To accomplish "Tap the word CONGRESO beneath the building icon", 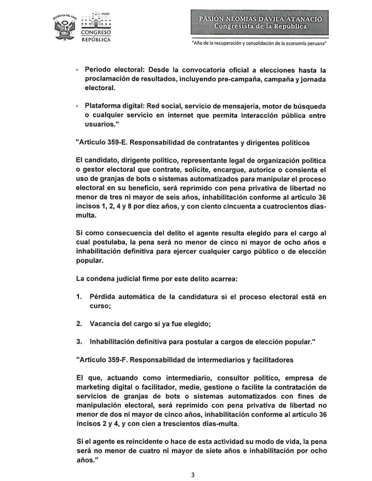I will [x=95, y=32].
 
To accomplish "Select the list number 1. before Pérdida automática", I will [x=80, y=297].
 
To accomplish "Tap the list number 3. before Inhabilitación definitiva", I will [x=80, y=342].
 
